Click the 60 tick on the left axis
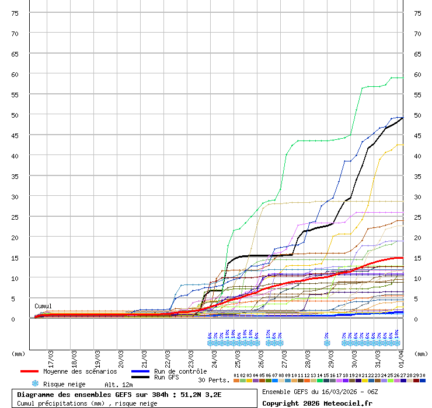(16, 74)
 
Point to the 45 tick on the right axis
(417, 135)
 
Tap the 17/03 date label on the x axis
(51, 355)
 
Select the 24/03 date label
(214, 355)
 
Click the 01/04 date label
(401, 355)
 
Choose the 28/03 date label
(308, 355)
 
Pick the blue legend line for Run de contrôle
(141, 371)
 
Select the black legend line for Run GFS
(141, 377)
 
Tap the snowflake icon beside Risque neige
(35, 384)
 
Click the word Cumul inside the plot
(43, 306)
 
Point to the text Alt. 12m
(119, 385)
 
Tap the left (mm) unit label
(18, 353)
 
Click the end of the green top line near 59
(402, 78)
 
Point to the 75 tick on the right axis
(417, 13)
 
